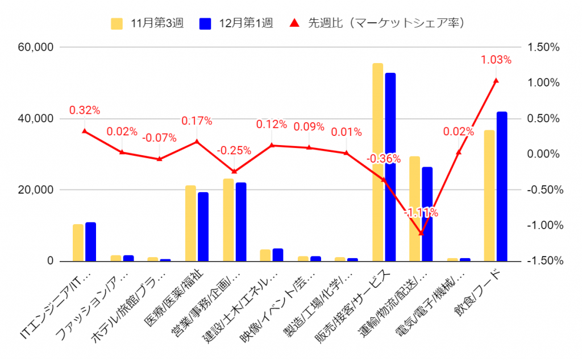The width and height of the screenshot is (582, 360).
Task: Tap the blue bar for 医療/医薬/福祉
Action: pos(203,227)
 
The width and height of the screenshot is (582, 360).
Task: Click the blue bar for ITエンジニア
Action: pos(90,242)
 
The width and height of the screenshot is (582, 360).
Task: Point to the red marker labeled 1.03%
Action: pos(496,81)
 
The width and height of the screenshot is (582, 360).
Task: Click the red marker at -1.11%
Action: pos(421,233)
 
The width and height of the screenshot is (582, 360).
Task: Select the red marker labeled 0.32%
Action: pos(85,131)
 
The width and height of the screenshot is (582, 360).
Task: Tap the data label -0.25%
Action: pos(234,151)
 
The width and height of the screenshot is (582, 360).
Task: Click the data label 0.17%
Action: pos(197,121)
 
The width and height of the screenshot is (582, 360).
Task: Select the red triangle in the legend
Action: pos(294,23)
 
